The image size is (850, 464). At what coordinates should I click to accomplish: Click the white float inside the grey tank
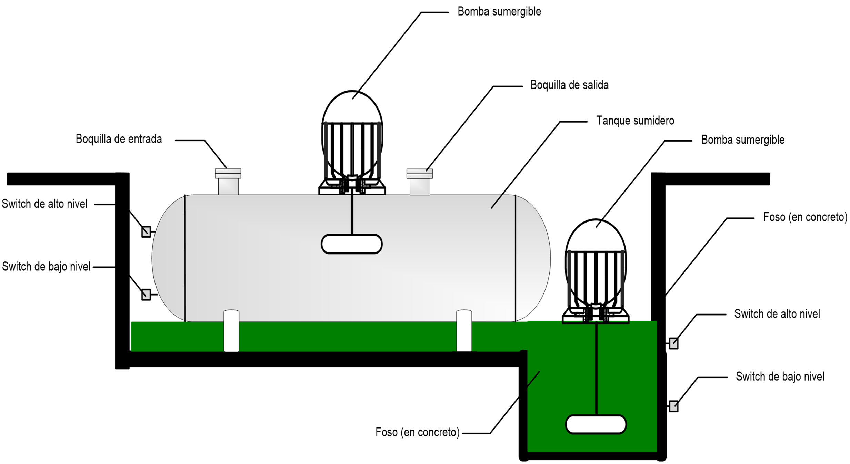[351, 244]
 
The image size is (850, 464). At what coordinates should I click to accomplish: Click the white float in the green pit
[596, 424]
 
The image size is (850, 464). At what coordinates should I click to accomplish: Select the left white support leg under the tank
[231, 331]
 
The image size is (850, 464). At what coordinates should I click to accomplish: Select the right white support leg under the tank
[464, 331]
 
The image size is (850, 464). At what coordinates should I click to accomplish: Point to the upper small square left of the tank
[146, 232]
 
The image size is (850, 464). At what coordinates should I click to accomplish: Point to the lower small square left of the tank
[146, 295]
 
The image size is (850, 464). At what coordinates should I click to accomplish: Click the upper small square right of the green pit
[673, 343]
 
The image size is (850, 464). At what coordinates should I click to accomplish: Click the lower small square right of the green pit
[673, 406]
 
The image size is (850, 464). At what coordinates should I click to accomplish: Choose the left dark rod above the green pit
[569, 278]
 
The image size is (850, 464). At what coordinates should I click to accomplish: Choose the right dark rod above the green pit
[622, 278]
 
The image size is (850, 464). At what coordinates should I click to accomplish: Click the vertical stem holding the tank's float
[352, 215]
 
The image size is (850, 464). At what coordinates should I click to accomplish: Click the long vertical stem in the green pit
[596, 369]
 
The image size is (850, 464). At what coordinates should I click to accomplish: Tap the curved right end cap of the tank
[533, 258]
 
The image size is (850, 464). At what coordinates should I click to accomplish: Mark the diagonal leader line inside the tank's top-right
[497, 202]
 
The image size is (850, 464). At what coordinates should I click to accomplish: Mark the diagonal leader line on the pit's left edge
[533, 380]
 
